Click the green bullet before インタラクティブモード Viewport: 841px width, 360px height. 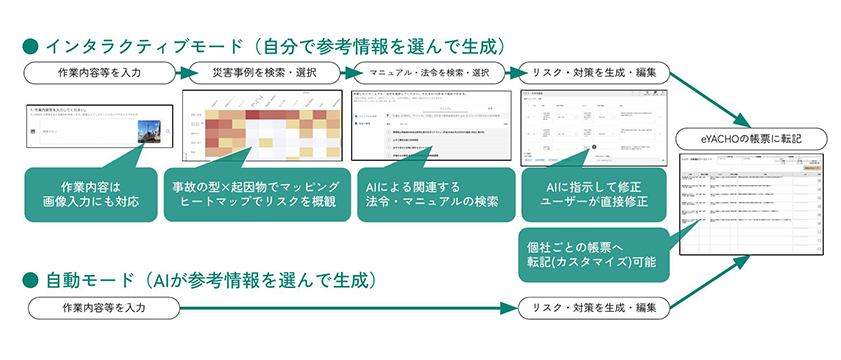click(29, 45)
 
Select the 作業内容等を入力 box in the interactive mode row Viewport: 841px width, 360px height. click(96, 73)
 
